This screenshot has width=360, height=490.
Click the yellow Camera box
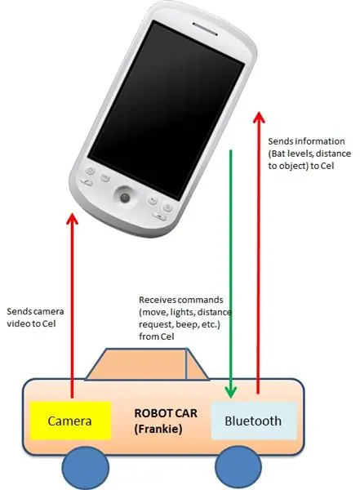(x=71, y=421)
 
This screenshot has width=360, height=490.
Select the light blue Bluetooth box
(x=254, y=421)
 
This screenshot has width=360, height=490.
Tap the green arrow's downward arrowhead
(x=231, y=392)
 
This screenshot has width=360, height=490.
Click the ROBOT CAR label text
(x=166, y=413)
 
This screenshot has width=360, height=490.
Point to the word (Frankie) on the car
(x=158, y=429)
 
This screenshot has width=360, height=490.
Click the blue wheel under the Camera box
(x=86, y=468)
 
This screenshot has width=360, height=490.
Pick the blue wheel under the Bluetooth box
(x=238, y=467)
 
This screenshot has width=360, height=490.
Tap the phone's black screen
(x=166, y=110)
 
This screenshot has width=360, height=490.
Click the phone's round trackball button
(x=125, y=197)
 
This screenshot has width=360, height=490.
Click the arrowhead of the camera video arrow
(x=73, y=219)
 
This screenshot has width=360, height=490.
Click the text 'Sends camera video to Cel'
(x=35, y=317)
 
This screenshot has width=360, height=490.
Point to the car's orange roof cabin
(x=147, y=364)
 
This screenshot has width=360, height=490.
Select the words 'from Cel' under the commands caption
(x=156, y=336)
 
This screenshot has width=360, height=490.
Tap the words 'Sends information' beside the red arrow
(x=306, y=141)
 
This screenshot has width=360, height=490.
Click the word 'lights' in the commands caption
(x=183, y=312)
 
